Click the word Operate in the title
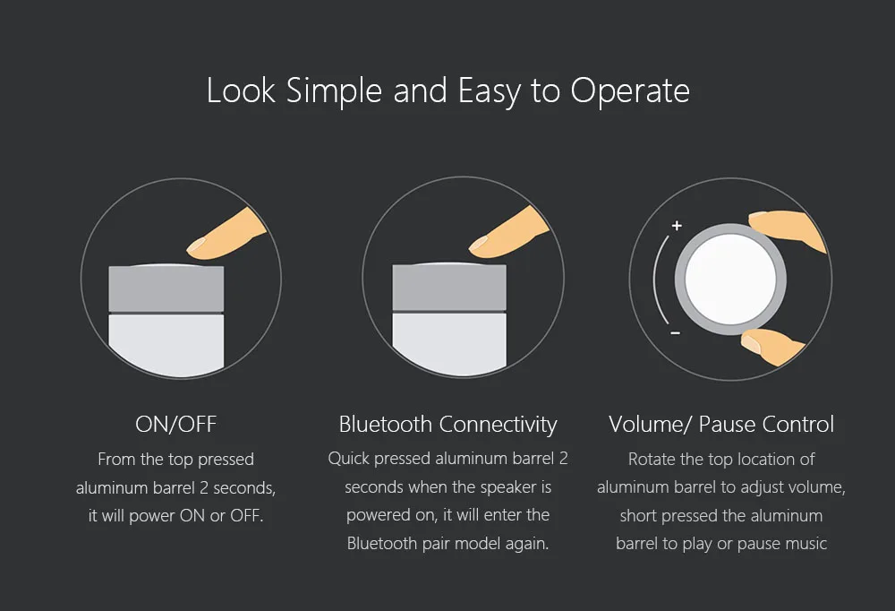click(x=630, y=90)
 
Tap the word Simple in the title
click(x=334, y=90)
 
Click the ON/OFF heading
click(x=175, y=424)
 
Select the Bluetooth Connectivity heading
click(x=448, y=425)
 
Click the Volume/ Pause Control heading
click(x=721, y=424)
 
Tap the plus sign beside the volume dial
click(x=677, y=226)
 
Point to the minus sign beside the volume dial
click(x=675, y=332)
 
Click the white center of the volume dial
click(x=730, y=280)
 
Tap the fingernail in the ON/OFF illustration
click(x=197, y=245)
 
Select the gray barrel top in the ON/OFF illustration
click(x=166, y=288)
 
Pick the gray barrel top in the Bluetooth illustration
click(x=449, y=287)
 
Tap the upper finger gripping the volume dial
click(x=788, y=229)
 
